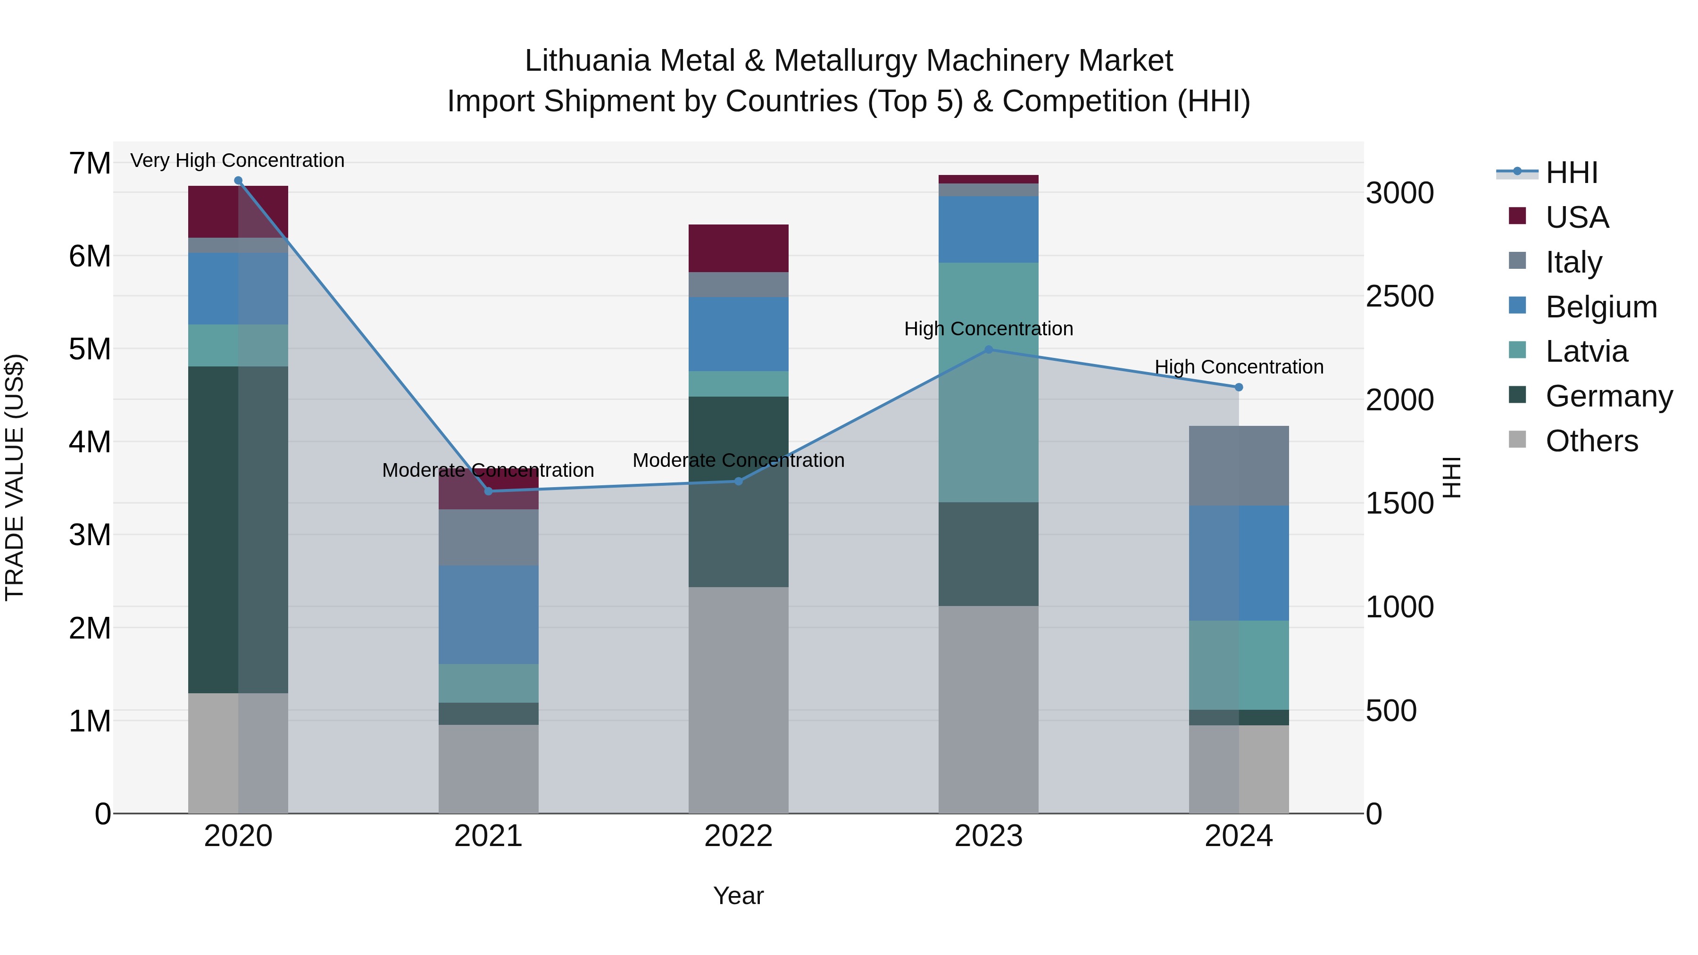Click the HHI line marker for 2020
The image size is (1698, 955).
[238, 181]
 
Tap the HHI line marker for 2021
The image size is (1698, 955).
[489, 491]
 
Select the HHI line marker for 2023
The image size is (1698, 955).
[988, 350]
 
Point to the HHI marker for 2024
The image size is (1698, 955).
[1239, 388]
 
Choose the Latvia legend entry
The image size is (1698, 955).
[1585, 351]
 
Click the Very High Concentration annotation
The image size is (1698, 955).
[237, 160]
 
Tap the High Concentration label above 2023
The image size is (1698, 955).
[988, 328]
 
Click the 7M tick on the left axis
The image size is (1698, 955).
[90, 164]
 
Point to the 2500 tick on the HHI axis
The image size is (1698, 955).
[1399, 297]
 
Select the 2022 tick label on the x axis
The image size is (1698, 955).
[738, 836]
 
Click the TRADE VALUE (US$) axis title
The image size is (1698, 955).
[15, 477]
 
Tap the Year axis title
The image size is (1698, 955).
[738, 896]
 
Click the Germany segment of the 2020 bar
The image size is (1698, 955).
[238, 529]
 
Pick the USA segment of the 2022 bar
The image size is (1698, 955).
[738, 249]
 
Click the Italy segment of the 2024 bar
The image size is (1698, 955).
[1239, 466]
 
